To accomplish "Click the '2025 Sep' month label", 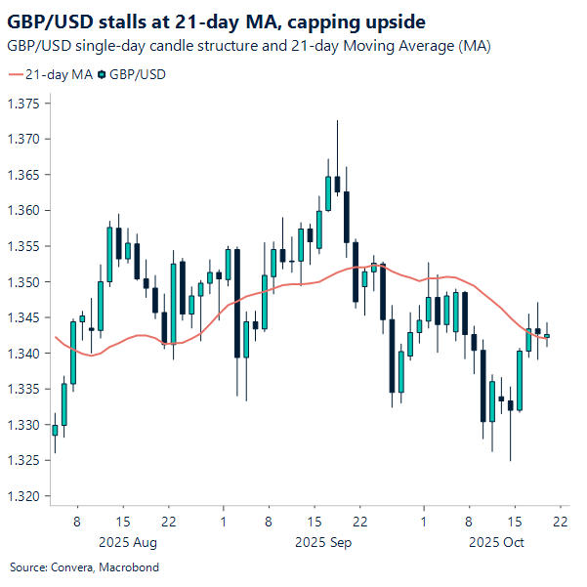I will point(322,541).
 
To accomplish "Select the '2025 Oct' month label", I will point(496,541).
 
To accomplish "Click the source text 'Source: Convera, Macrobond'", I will point(84,567).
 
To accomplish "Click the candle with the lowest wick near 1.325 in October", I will point(510,405).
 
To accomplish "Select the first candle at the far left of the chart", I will point(55,429).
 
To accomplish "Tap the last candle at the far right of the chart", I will point(547,335).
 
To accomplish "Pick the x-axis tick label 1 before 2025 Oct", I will point(423,523).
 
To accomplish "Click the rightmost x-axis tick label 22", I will point(560,523).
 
